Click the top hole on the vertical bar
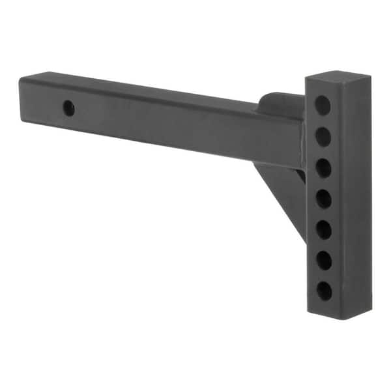pos(323,104)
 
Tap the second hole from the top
pos(323,136)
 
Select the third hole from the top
pos(323,167)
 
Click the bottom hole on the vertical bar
pos(324,291)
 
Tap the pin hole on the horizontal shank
pos(68,108)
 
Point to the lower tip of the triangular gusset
pos(304,240)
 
